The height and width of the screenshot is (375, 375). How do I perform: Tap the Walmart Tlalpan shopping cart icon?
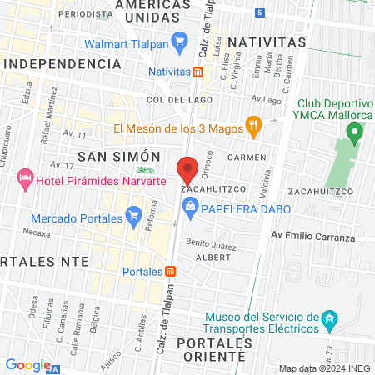178,40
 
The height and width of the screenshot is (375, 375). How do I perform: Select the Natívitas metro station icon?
197,71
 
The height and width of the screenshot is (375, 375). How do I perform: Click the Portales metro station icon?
170,271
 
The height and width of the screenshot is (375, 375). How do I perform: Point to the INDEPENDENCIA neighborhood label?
57,64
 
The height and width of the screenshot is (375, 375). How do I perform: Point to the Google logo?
28,364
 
